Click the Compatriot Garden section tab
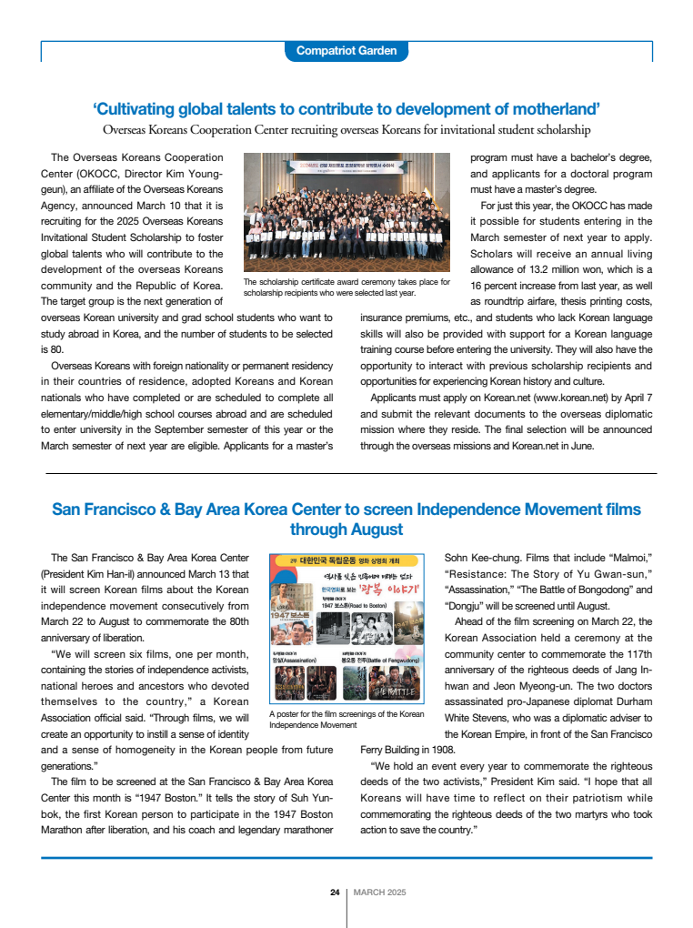[346, 51]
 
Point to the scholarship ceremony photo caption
[346, 287]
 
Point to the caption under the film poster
[346, 719]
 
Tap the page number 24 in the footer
[335, 892]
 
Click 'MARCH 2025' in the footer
[380, 892]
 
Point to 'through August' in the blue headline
[346, 530]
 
